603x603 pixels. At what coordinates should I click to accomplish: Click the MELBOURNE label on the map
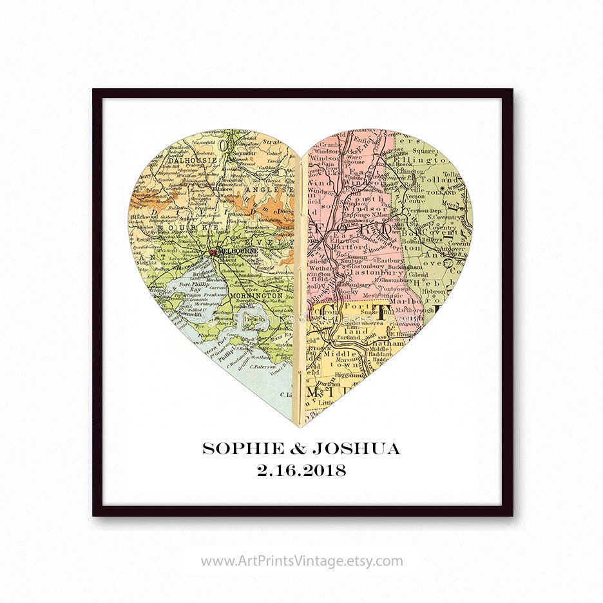pos(238,251)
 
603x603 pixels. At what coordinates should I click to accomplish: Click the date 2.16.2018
pos(301,471)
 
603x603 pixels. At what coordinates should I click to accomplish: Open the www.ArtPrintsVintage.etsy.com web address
pos(301,561)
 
